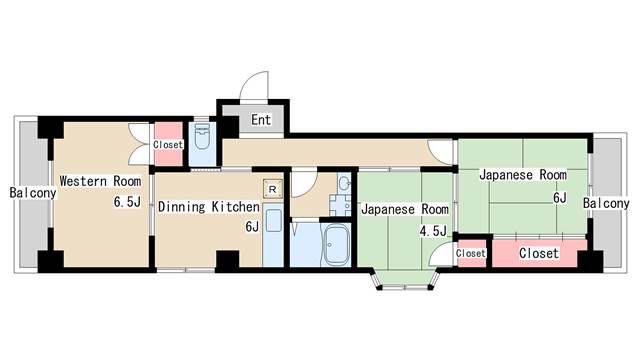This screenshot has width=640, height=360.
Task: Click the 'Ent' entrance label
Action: tap(261, 120)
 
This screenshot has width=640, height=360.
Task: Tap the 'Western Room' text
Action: tap(100, 181)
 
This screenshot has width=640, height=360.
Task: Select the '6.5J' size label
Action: tap(127, 202)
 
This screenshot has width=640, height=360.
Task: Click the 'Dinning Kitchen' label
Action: tap(209, 207)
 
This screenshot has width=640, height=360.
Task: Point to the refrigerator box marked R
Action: tap(273, 189)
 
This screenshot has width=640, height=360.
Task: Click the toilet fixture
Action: tap(202, 136)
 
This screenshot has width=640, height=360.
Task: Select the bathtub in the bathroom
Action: tap(336, 244)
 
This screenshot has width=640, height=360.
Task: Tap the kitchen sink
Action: tap(273, 220)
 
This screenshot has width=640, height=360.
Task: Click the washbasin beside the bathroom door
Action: tap(344, 183)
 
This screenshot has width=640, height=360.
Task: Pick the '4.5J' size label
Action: tap(433, 231)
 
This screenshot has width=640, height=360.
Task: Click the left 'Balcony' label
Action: tap(33, 193)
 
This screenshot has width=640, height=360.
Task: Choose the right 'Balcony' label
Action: tap(606, 203)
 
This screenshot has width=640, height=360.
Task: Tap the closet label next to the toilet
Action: tap(168, 144)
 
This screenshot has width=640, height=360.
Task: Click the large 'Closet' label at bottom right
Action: tap(539, 253)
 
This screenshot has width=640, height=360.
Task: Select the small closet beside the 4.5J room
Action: tap(471, 253)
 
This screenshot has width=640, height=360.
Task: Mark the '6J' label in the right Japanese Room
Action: tap(560, 198)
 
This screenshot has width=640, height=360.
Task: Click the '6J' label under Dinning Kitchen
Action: tap(252, 226)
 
